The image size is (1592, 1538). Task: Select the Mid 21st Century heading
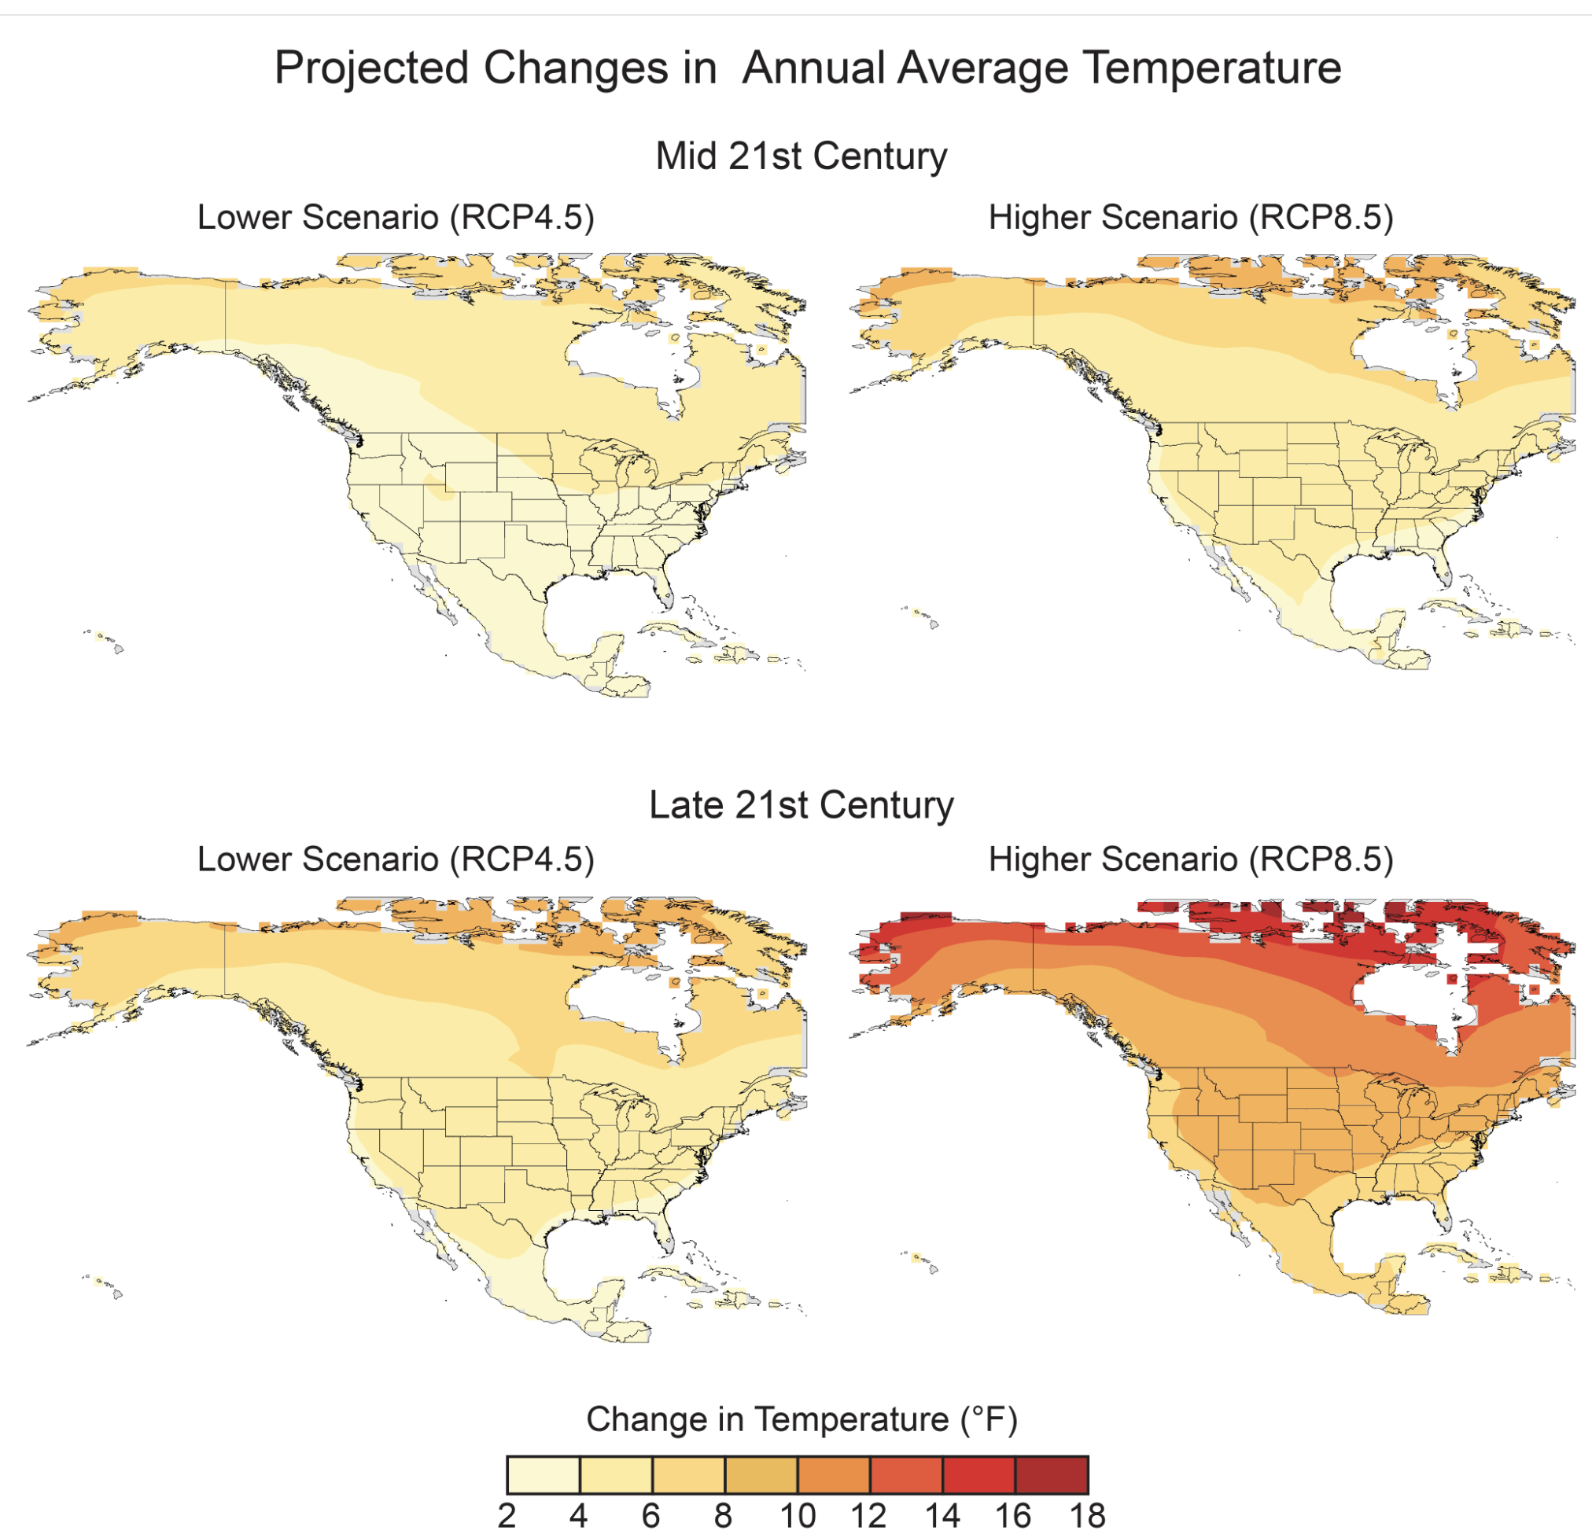(x=801, y=156)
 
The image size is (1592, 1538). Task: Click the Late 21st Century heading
(x=801, y=805)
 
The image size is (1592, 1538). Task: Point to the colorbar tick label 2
(x=507, y=1516)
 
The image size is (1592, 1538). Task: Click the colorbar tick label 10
(x=798, y=1516)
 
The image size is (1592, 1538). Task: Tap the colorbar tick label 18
(x=1087, y=1516)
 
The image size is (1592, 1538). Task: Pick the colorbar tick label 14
(x=942, y=1516)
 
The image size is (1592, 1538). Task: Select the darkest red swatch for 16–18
(x=1051, y=1474)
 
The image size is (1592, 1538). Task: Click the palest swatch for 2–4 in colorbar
(x=544, y=1474)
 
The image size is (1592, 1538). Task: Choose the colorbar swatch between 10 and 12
(x=834, y=1474)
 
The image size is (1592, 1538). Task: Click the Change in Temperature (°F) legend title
(x=802, y=1419)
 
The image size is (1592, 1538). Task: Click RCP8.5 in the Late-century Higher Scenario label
(x=1321, y=859)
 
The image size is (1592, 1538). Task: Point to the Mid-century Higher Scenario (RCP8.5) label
(x=1191, y=218)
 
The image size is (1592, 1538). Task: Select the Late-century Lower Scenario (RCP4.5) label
(x=396, y=859)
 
